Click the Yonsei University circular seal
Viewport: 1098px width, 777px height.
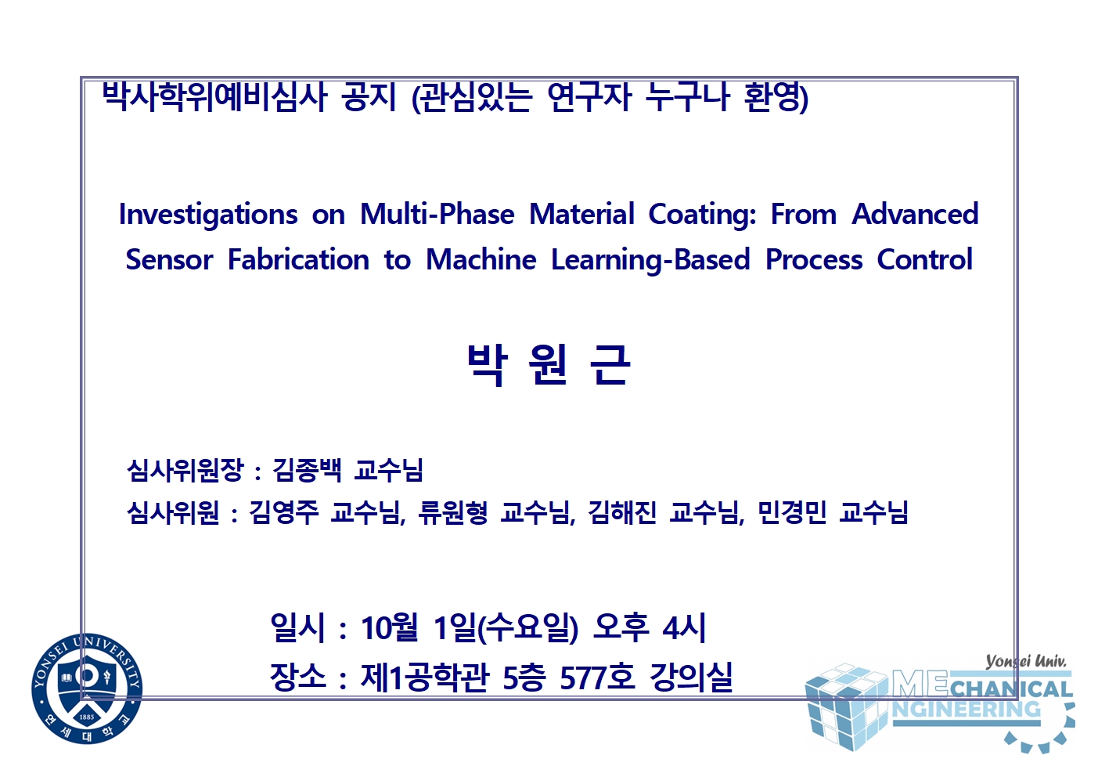click(87, 688)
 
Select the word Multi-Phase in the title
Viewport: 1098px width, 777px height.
click(437, 215)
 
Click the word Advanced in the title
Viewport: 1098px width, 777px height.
click(915, 214)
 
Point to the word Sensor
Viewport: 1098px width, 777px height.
click(170, 259)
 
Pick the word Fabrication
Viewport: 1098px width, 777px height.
click(298, 259)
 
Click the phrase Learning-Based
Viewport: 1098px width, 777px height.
click(650, 260)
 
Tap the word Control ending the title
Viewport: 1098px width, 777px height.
click(924, 259)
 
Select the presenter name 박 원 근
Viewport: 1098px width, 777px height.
click(549, 364)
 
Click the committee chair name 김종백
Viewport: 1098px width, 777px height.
click(306, 471)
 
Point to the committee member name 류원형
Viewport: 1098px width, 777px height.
click(452, 512)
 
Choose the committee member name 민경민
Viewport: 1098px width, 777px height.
click(792, 512)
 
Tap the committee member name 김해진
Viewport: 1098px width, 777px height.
click(622, 512)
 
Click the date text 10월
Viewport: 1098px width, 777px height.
click(390, 628)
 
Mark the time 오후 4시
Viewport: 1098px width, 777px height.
click(650, 628)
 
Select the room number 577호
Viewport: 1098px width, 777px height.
click(598, 678)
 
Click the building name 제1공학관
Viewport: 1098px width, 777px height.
click(425, 678)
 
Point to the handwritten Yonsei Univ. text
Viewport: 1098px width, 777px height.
click(1026, 662)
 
